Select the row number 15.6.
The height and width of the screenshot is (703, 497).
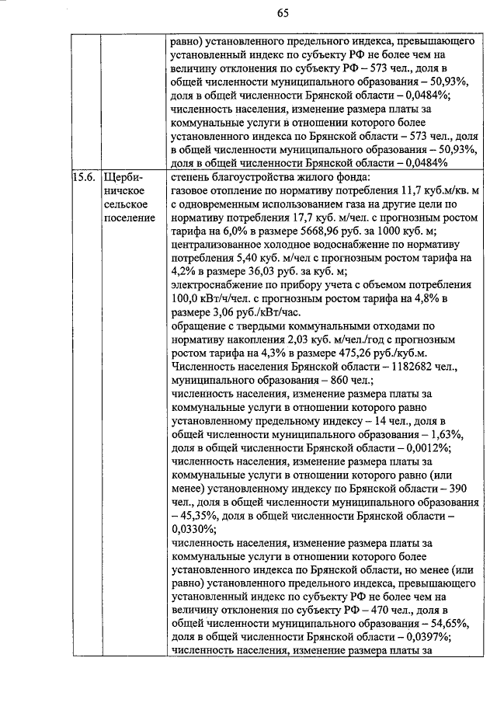click(x=83, y=176)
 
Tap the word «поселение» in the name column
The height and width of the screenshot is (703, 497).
click(x=128, y=217)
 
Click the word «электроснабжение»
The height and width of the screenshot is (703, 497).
click(x=214, y=284)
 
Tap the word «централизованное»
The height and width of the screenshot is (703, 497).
click(x=218, y=244)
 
